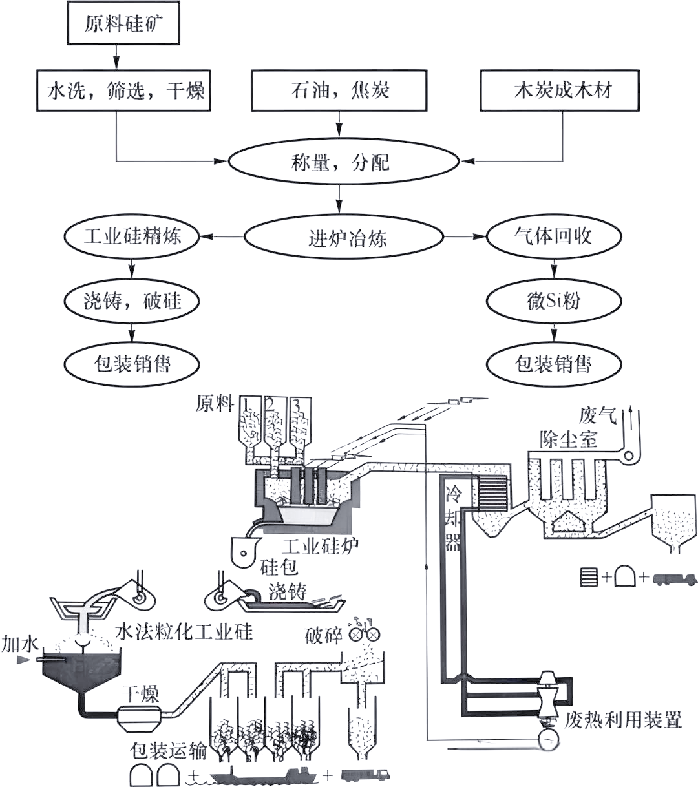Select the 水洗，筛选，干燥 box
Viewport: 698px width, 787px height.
123,90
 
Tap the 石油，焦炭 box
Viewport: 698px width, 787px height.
339,90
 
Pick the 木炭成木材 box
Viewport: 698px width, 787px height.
559,90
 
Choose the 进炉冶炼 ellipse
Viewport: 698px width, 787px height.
344,238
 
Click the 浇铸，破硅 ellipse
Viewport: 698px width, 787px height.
132,300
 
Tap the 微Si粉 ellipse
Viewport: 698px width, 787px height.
553,300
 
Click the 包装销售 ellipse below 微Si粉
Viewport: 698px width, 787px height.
553,364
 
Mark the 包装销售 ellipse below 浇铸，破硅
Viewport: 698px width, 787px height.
132,364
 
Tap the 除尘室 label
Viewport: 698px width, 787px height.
569,440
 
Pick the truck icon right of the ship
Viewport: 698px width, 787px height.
365,775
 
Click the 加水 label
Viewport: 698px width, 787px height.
20,644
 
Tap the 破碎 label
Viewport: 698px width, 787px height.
323,635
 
